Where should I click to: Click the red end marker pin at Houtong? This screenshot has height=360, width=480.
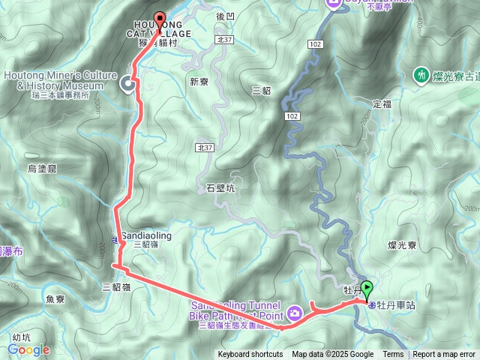(159, 20)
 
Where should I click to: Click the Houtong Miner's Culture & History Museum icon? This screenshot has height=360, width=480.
(127, 85)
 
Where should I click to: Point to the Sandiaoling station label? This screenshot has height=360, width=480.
(146, 235)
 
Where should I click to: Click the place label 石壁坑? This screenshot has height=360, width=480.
(220, 189)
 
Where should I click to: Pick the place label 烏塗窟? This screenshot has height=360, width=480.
(42, 169)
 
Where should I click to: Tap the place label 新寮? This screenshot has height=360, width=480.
(199, 82)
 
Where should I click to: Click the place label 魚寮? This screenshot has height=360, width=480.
(55, 298)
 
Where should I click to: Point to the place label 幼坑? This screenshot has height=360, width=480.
(21, 337)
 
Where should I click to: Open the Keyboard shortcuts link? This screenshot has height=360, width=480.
(250, 355)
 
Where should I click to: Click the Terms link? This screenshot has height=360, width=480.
(393, 355)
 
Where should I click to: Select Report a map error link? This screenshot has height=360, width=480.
(444, 355)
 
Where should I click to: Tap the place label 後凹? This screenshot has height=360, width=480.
(225, 16)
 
